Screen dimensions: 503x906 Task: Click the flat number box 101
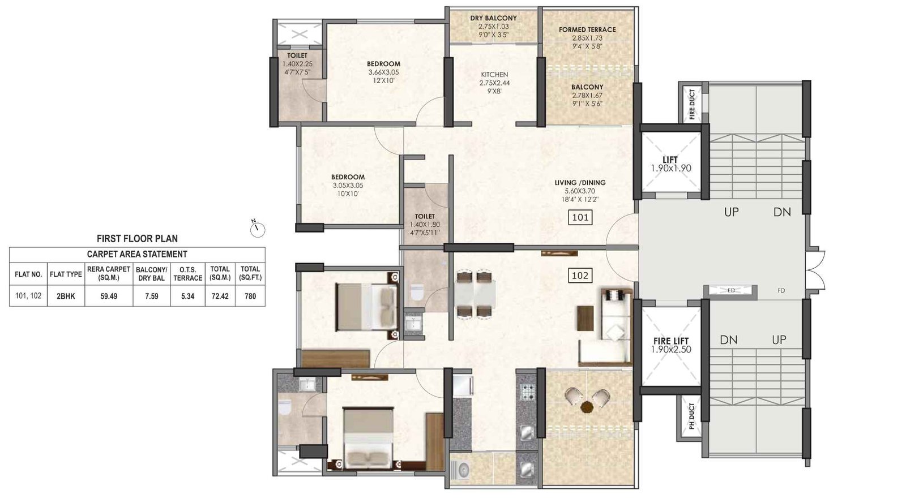[580, 217]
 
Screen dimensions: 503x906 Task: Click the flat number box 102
[580, 276]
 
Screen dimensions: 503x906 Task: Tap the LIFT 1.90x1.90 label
[670, 164]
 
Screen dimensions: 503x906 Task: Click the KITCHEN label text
[494, 75]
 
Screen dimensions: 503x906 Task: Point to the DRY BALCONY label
[493, 18]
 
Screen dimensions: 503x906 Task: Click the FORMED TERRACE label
[587, 29]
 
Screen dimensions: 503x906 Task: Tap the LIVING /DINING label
[580, 183]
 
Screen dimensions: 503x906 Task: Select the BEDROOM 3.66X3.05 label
[383, 64]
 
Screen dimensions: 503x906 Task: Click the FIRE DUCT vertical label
[692, 105]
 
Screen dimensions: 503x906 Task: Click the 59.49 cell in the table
[109, 296]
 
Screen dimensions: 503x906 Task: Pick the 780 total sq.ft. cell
[250, 296]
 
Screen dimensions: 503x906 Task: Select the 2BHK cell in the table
[66, 296]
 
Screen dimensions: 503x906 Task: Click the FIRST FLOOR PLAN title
[137, 239]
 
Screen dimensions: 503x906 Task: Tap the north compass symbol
[258, 228]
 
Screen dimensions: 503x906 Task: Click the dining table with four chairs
[473, 294]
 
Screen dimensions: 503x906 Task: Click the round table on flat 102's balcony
[587, 406]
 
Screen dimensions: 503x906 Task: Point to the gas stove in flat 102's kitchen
[527, 392]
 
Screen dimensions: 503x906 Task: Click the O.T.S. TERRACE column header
[187, 274]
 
